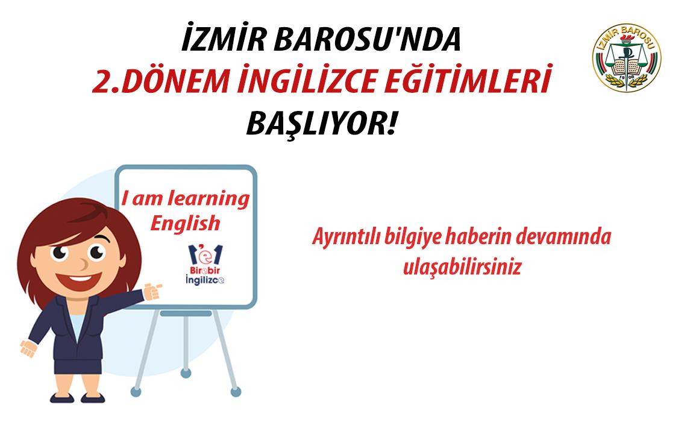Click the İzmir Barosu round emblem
pos(626,57)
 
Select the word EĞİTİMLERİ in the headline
pos(468,80)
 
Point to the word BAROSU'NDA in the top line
pos(367,39)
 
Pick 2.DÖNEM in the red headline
pos(161,81)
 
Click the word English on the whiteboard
pos(185,224)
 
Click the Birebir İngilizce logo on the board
pos(205,264)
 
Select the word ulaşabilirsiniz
pos(462,267)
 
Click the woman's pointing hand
pos(152,291)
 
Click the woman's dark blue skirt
pos(78,367)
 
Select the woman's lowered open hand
pos(28,348)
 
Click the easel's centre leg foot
pos(186,373)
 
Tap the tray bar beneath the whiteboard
pos(186,313)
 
